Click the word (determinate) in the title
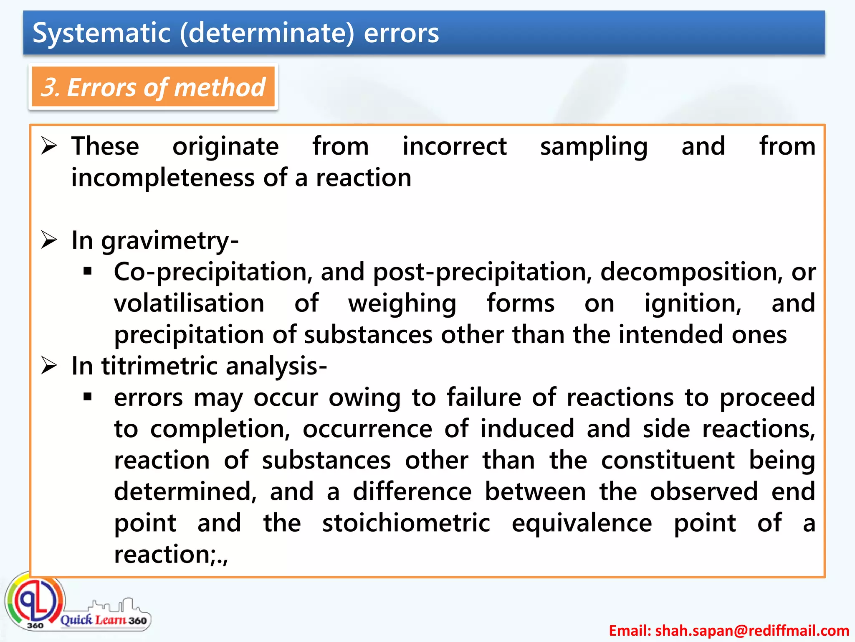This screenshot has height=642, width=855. [267, 33]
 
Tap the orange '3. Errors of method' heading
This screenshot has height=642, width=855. [153, 87]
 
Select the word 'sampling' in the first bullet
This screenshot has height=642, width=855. [594, 147]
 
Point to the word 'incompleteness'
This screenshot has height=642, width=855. [163, 178]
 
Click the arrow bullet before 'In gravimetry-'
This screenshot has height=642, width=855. [49, 240]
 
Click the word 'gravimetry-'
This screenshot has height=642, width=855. [170, 241]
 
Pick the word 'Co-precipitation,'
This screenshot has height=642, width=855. [213, 272]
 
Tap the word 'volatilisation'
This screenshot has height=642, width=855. [189, 303]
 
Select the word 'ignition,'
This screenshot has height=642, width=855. [693, 303]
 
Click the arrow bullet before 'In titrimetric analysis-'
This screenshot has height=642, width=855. [49, 366]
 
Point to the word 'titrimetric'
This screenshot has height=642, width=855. [159, 366]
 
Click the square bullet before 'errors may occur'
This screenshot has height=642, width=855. [87, 397]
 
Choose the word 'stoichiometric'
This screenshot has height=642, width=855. [406, 523]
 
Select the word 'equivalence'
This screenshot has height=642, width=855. [582, 523]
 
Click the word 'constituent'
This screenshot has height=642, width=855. [668, 461]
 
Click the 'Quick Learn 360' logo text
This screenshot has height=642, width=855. [104, 619]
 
